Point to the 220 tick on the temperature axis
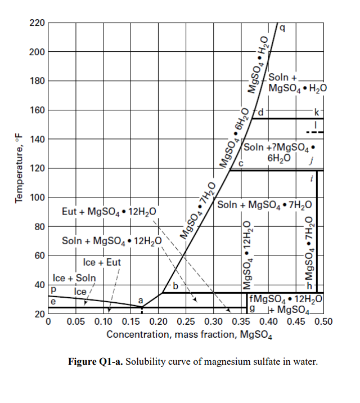pos(37,23)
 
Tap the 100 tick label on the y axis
pos(37,198)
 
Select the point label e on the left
pos(53,302)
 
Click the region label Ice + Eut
pos(102,262)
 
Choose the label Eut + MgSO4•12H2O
pos(109,212)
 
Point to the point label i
pos(311,179)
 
